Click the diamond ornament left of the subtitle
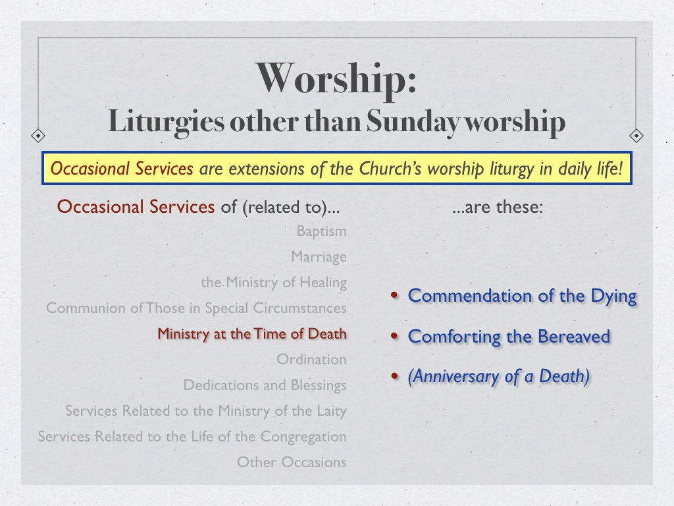(38, 136)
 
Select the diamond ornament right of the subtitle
(636, 136)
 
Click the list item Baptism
(321, 231)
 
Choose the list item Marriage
(319, 257)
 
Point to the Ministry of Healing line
(274, 283)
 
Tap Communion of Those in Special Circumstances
(196, 308)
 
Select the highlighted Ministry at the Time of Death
(251, 334)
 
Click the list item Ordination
(311, 360)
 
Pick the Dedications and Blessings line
(265, 385)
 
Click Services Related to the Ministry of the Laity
(205, 411)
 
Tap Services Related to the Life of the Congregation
(192, 437)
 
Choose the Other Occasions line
(292, 463)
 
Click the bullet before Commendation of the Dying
(394, 296)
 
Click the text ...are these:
(498, 207)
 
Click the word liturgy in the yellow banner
(504, 169)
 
